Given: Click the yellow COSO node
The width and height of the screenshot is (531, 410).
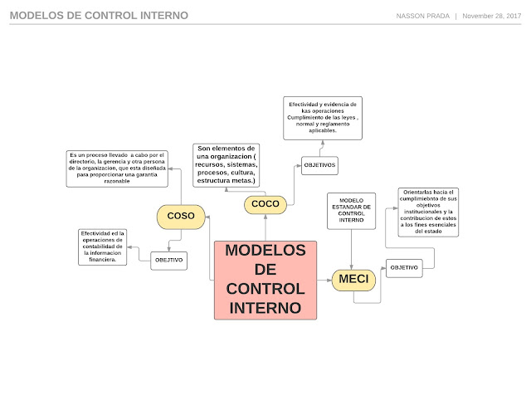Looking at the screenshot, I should coord(181,216).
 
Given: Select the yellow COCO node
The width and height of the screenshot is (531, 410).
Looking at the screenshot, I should coord(265,203).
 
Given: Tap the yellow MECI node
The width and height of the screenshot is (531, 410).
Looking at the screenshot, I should coord(353,280).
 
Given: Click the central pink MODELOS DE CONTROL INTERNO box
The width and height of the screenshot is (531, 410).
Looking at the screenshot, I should coord(265,280).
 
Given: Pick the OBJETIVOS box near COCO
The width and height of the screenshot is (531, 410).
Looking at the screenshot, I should coord(319,165).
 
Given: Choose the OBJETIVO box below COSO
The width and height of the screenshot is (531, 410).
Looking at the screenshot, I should coord(168,261).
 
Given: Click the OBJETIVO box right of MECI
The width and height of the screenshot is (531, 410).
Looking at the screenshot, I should coord(404,267).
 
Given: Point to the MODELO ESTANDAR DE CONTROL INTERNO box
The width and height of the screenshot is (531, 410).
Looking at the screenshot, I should coord(351,212).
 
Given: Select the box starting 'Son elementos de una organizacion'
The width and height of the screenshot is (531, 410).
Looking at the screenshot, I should coord(227,165).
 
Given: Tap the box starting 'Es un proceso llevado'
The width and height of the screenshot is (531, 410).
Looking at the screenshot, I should coord(117,168).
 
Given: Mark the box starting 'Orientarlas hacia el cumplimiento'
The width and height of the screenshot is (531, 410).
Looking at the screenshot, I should coord(428,212).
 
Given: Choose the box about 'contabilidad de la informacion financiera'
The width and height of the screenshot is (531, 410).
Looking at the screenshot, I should coord(103,246).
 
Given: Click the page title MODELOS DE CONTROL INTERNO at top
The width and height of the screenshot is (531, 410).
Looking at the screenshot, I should coord(99,16).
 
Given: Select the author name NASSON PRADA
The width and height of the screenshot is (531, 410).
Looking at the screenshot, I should coord(423,16).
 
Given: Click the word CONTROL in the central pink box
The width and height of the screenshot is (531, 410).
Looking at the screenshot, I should coord(265,289).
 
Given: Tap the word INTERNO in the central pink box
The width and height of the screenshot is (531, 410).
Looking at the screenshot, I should coord(265,307).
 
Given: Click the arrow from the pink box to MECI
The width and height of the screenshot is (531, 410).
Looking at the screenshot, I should coord(324,281).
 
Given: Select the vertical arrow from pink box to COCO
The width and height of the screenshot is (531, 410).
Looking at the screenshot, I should coord(265,227).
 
